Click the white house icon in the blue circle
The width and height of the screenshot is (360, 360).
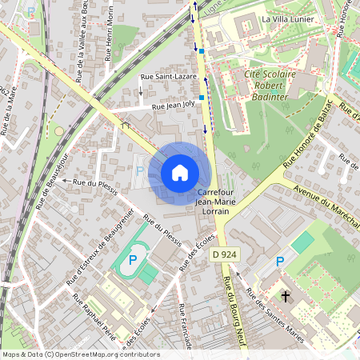(x=180, y=172)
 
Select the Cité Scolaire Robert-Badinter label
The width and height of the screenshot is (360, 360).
(x=266, y=82)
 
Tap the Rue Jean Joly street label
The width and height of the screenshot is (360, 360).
(x=167, y=104)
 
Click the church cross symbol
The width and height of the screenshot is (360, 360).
(x=286, y=294)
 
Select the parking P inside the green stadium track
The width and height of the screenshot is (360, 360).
(x=134, y=260)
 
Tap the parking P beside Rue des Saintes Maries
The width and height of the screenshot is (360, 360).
(x=280, y=261)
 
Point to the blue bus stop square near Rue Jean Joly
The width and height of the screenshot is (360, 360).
(x=202, y=98)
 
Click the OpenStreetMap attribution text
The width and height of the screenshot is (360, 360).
(x=80, y=354)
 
